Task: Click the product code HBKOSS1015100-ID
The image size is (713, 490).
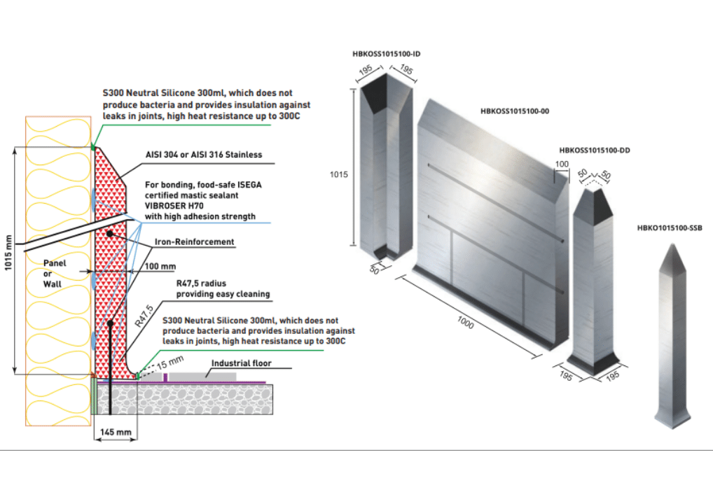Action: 387,54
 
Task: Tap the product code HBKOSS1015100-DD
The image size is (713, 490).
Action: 595,150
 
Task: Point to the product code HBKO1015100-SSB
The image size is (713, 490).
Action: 670,227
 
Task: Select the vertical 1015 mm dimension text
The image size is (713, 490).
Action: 9,260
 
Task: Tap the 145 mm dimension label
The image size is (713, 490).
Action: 116,433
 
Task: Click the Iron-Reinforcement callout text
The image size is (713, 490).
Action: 194,242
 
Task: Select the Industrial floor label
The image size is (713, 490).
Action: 241,364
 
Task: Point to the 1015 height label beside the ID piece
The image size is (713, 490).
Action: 340,176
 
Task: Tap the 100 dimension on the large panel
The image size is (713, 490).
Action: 562,163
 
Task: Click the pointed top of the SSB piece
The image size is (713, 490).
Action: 669,248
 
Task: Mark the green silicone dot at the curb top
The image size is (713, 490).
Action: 94,146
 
